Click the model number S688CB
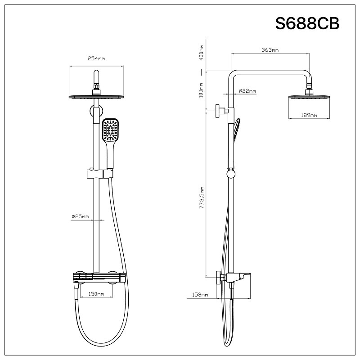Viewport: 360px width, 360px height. coord(307,23)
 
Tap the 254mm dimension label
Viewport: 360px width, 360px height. coord(96,58)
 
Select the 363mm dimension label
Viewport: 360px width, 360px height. coord(270,50)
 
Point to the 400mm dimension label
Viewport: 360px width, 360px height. coord(202,53)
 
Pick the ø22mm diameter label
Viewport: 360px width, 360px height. coord(247,91)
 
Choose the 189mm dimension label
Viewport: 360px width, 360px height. coord(309,116)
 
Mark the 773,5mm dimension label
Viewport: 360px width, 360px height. coord(202,198)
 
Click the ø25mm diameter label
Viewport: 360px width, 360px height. coord(80,217)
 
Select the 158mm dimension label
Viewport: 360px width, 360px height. coord(200,295)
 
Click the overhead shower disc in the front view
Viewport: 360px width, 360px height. coord(96,97)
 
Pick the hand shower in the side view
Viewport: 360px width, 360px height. coord(237,129)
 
